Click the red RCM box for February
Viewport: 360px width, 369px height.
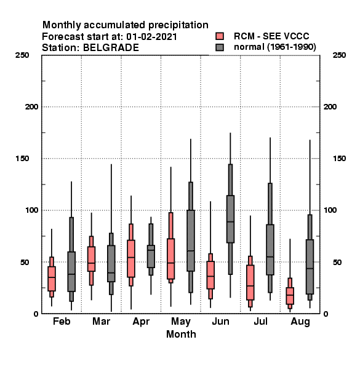(52, 279)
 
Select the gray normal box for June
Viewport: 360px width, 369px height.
(230, 219)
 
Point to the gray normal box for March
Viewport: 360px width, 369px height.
(111, 264)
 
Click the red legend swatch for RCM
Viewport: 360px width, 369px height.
(220, 36)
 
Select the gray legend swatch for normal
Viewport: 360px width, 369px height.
(220, 47)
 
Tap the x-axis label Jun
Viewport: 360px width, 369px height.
(220, 322)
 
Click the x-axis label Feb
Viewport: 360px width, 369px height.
(62, 321)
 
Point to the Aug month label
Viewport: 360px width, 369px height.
(300, 322)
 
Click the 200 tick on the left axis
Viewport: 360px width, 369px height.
(31, 107)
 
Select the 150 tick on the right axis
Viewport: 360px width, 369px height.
(339, 159)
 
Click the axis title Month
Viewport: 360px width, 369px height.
(181, 335)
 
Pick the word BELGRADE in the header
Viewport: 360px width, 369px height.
(111, 48)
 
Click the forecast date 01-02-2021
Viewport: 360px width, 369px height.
(151, 37)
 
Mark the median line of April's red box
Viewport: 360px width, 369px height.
(131, 257)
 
